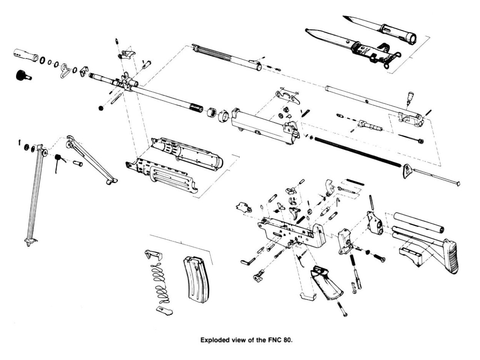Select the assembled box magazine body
click(x=196, y=278)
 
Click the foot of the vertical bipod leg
click(x=30, y=241)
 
